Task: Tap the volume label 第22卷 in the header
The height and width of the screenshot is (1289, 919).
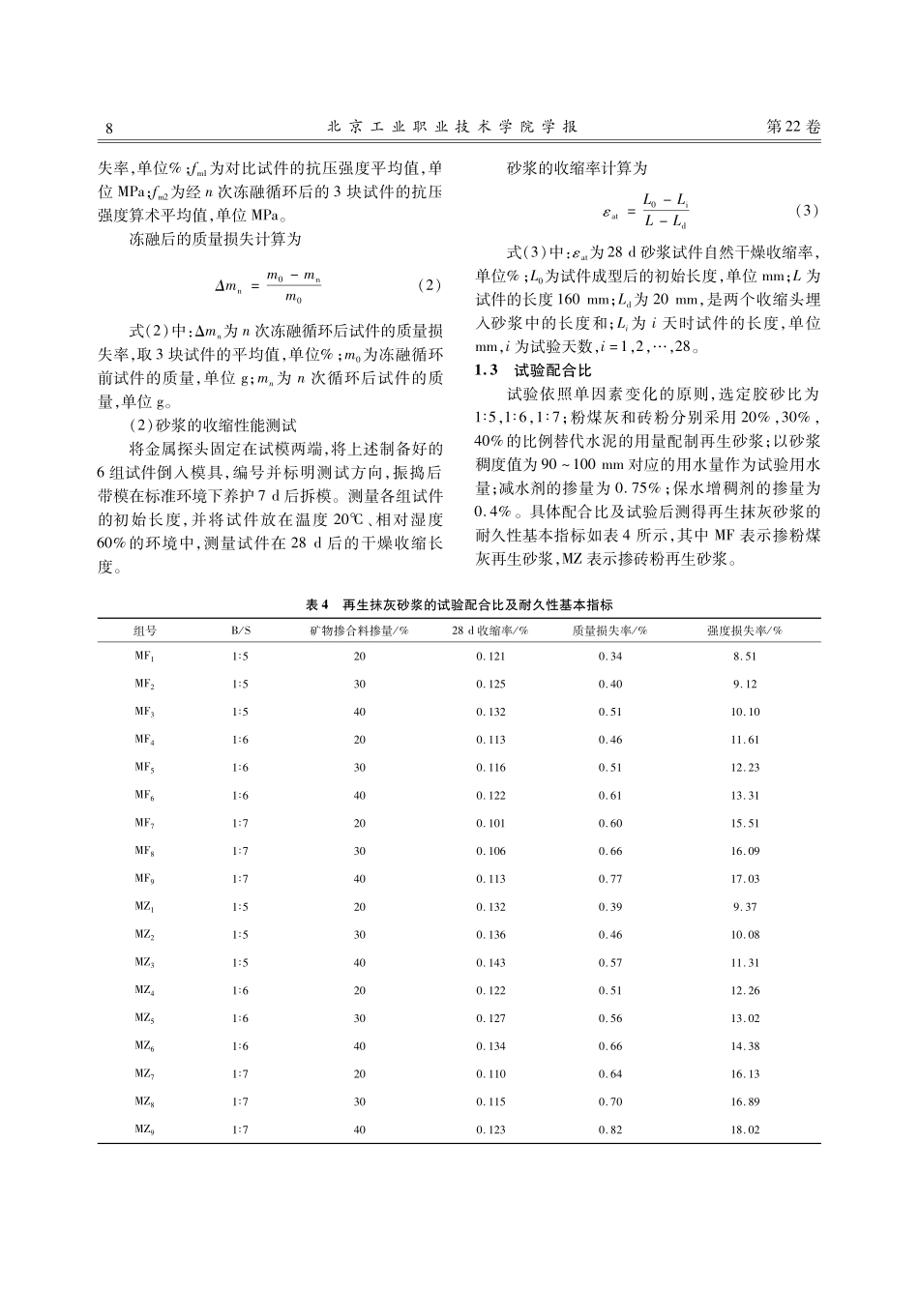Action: pos(792,128)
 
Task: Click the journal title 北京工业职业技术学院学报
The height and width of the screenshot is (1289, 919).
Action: pos(453,128)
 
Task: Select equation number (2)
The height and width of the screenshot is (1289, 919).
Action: pos(427,285)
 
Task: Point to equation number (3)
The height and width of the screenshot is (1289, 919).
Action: pos(805,211)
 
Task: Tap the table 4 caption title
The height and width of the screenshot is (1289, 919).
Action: pos(459,604)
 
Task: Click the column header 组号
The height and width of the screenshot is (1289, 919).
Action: pos(145,630)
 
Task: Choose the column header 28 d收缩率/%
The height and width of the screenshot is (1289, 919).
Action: pos(489,630)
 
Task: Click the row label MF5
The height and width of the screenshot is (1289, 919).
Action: pos(145,768)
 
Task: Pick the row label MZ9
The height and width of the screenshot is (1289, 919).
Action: pos(145,1129)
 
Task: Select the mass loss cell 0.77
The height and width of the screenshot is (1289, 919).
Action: pos(610,879)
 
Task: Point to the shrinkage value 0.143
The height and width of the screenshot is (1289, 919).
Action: pos(489,963)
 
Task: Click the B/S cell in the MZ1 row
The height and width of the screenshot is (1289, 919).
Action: pos(240,907)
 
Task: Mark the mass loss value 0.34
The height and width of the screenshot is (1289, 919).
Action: pos(610,657)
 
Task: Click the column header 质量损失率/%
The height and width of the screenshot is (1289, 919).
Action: pos(610,630)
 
